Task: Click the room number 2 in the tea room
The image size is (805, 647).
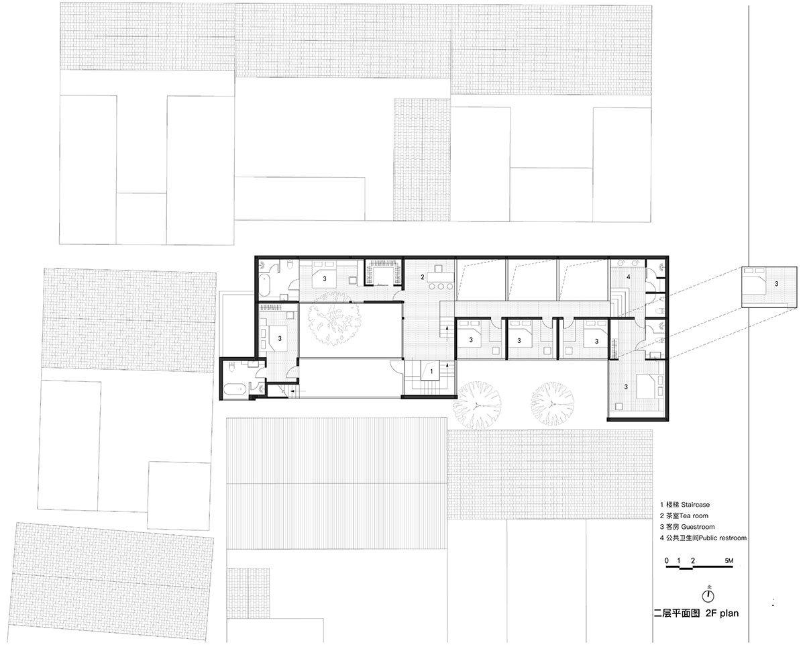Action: [423, 277]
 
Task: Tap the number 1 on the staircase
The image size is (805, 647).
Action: [431, 372]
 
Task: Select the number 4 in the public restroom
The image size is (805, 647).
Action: [629, 277]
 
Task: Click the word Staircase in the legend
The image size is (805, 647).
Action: [696, 505]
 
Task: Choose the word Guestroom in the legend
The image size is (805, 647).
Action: [698, 527]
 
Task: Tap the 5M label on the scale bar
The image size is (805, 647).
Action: [729, 561]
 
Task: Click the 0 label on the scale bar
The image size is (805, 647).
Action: [667, 561]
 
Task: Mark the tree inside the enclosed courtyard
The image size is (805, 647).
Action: [334, 319]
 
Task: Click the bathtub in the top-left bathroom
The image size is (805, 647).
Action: [265, 285]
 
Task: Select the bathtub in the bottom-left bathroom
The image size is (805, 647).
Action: [235, 390]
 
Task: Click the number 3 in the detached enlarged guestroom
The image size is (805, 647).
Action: [776, 284]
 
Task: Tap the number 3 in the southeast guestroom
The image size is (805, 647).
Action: [626, 387]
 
